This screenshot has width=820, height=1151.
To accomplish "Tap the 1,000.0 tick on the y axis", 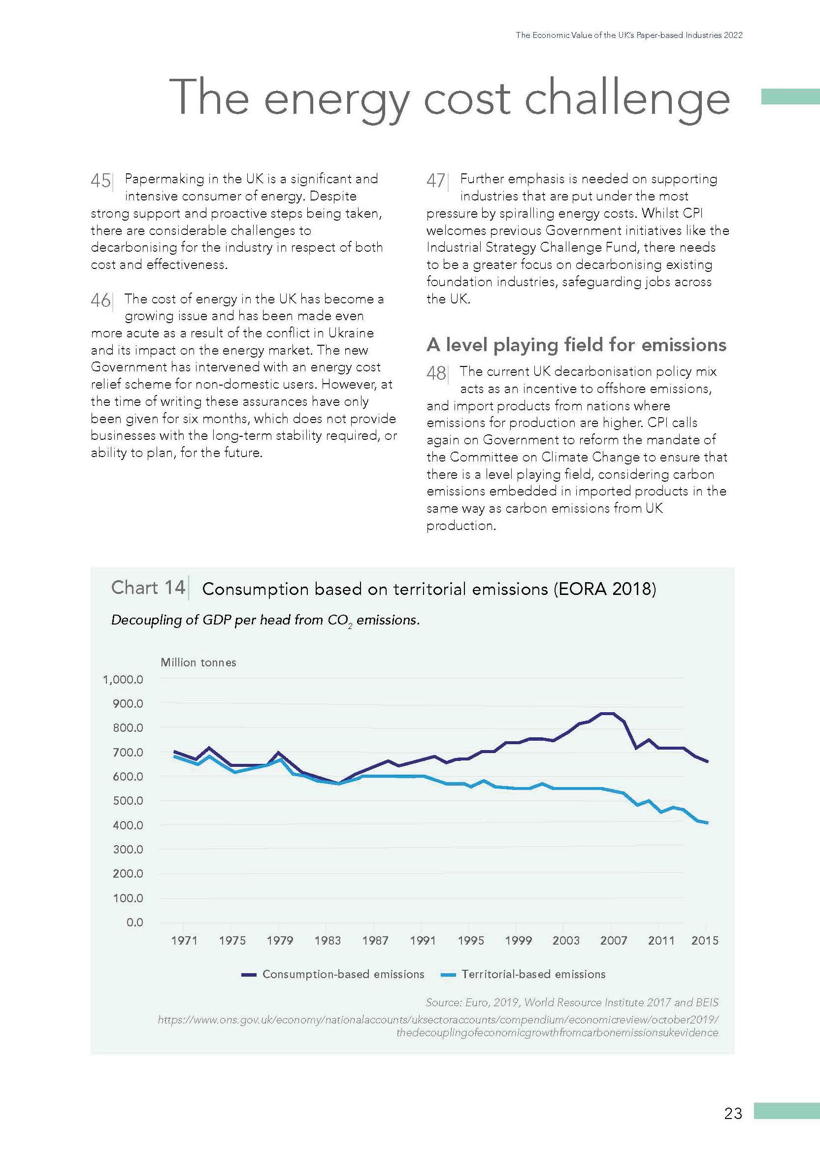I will pos(123,680).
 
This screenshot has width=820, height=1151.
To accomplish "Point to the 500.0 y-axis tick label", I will pos(128,801).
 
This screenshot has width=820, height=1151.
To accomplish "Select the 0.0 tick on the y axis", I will pos(135,922).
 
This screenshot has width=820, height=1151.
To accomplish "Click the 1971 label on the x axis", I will pos(184,941).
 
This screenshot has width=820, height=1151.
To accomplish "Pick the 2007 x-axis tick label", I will pos(614,941).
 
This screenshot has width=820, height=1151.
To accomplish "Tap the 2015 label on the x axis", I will pos(704,941).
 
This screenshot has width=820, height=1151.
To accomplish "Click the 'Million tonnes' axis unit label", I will pos(198,662).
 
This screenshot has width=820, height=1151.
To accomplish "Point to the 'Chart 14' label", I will pos(148,588).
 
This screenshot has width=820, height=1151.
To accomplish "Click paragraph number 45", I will pos(100,180).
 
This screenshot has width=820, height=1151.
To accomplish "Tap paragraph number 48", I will pos(436,373).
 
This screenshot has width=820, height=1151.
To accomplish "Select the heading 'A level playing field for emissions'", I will pos(576,345).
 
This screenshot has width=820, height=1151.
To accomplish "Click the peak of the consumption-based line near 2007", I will pos(606,713).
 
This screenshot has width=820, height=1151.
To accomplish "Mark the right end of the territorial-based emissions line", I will pos(707,823).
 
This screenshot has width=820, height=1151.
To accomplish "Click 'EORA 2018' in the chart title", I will pos(603,589).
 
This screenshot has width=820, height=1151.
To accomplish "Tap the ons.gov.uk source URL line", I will pos(438,1019).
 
